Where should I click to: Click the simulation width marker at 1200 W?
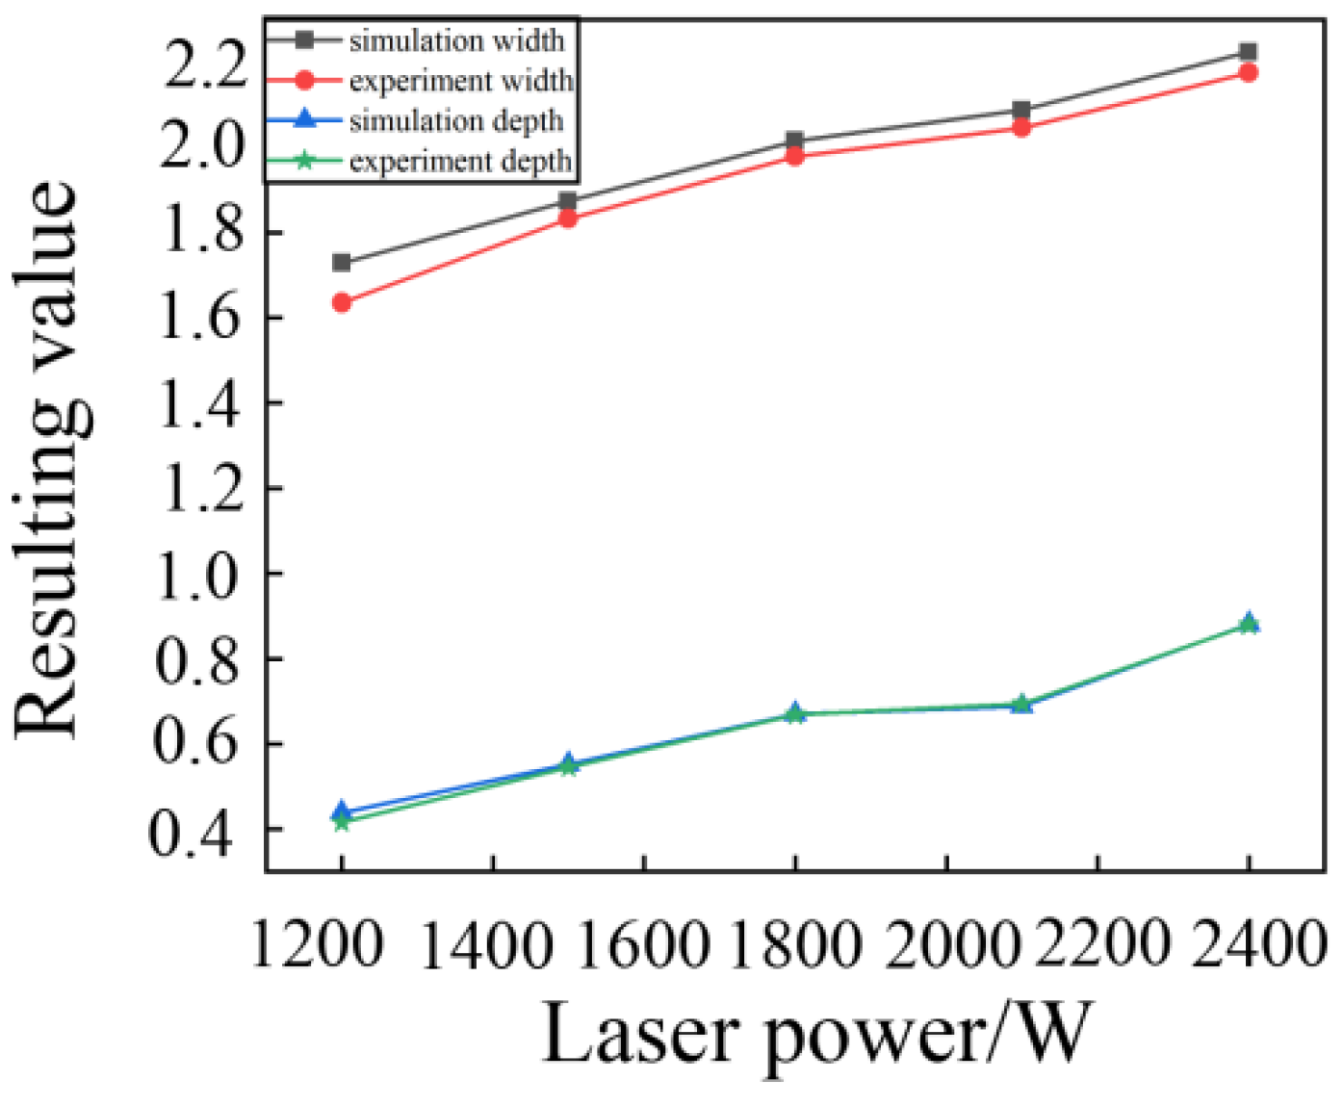tap(341, 263)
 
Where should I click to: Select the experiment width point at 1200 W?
tap(341, 302)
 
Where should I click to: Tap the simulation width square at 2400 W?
tap(1249, 52)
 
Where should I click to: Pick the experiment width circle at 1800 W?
tap(794, 156)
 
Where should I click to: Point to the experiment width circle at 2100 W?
tap(1021, 127)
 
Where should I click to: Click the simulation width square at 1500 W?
tap(568, 201)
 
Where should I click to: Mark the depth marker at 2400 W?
tap(1249, 624)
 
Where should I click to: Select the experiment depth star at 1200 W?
tap(341, 821)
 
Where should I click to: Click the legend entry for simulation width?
tap(455, 40)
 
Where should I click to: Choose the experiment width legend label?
tap(460, 81)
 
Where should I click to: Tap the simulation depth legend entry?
tap(455, 121)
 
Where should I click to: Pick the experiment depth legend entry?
tap(460, 161)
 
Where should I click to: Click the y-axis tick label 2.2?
tap(205, 65)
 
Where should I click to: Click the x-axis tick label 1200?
tap(317, 945)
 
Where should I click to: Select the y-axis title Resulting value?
tap(48, 460)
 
